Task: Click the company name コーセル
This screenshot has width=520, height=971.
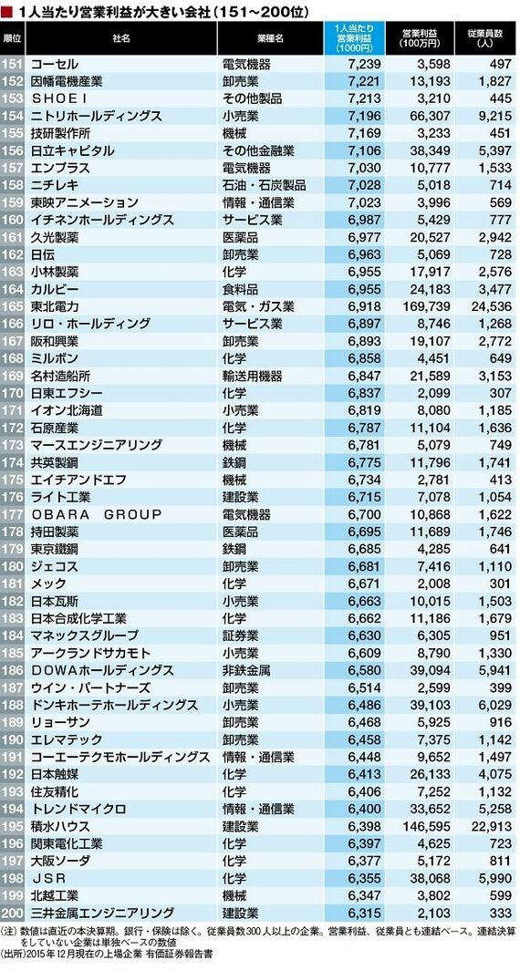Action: (x=55, y=64)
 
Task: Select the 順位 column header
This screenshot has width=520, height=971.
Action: (x=13, y=38)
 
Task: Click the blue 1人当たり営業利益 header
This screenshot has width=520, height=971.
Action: (x=354, y=38)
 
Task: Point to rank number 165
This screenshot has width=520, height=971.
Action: (x=13, y=306)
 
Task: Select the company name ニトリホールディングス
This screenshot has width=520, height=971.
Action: (x=96, y=116)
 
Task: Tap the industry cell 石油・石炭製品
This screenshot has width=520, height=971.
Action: (x=264, y=185)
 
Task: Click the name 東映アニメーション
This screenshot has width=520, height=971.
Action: (x=84, y=202)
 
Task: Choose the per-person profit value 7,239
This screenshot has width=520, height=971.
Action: (x=364, y=64)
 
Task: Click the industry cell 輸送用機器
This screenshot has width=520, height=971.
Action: (x=252, y=376)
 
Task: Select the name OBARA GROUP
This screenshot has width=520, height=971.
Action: (x=96, y=513)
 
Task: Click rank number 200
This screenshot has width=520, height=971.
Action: (x=13, y=911)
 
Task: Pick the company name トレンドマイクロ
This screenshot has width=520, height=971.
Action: (x=78, y=808)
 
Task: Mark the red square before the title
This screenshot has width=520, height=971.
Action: (x=6, y=11)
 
